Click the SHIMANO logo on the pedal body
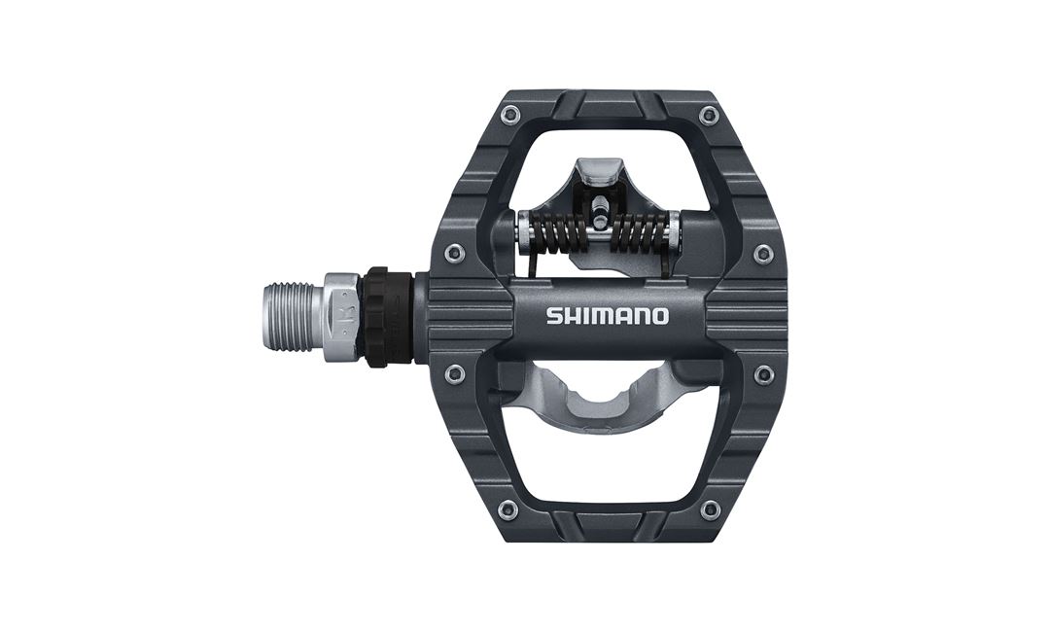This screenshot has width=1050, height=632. pos(607,316)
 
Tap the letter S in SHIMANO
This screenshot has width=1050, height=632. pos(552,316)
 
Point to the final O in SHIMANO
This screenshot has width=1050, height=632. pos(660,316)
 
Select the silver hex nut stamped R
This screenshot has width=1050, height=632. pos(341,317)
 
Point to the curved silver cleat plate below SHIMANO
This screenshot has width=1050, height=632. pos(603,399)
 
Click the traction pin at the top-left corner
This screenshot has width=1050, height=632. pos(509,116)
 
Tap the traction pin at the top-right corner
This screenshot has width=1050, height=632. pos(709,116)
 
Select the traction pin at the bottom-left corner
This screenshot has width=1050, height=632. pos(507,509)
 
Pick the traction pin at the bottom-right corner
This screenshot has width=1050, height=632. pos(711,509)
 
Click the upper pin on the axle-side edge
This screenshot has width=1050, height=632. pos(454,254)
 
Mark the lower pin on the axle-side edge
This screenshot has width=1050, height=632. pos(454,373)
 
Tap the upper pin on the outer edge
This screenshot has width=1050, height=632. pos(763,254)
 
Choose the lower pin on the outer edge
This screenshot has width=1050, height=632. pos(764,374)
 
